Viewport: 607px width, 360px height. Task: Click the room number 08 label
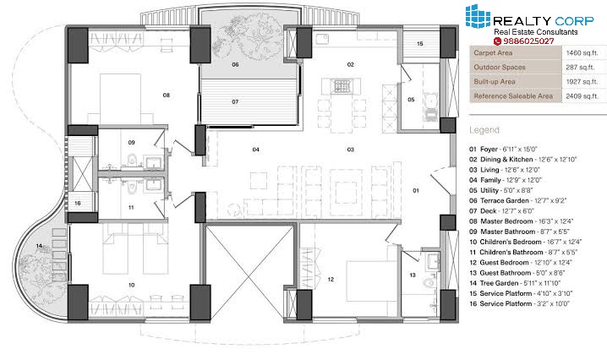pos(166,95)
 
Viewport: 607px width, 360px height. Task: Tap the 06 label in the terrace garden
pos(235,64)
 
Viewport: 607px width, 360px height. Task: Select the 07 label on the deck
pos(235,101)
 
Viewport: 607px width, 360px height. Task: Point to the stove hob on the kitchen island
pos(342,86)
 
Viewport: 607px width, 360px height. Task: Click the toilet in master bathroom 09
pos(133,160)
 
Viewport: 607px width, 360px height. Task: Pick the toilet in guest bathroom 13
pos(429,282)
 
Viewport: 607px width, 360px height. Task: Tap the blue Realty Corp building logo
pos(478,16)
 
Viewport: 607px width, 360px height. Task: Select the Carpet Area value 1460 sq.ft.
pos(582,53)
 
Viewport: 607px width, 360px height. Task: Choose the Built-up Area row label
pos(495,82)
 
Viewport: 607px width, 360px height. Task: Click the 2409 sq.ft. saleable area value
pos(582,96)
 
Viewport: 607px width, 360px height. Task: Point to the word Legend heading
pos(484,130)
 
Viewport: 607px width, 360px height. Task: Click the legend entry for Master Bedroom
pos(521,221)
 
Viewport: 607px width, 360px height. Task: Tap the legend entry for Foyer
pos(504,149)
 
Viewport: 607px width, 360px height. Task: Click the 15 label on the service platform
pos(420,44)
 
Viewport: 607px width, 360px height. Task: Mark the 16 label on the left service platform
pos(78,203)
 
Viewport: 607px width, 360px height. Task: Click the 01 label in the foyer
pos(416,190)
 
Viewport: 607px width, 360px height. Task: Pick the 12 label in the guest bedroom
pos(331,279)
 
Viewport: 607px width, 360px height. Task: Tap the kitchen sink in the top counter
pos(322,39)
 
